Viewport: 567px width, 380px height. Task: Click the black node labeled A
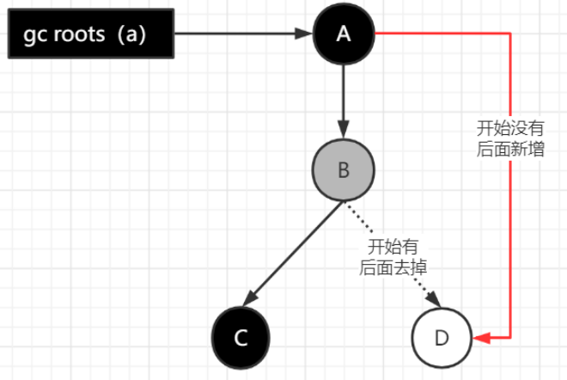point(344,34)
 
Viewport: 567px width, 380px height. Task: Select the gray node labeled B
point(344,170)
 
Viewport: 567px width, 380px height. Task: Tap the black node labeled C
point(241,337)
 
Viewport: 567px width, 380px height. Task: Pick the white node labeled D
point(442,337)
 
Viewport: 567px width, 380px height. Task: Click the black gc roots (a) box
point(90,34)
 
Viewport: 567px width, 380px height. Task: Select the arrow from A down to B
point(344,95)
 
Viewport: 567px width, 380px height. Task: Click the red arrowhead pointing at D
point(483,338)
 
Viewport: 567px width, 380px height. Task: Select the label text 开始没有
point(510,128)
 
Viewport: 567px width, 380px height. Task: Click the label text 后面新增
point(510,149)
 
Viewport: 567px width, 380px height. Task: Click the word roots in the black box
point(81,35)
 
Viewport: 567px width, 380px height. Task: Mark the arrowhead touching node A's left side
point(304,34)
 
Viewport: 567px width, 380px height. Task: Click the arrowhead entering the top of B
point(344,132)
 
